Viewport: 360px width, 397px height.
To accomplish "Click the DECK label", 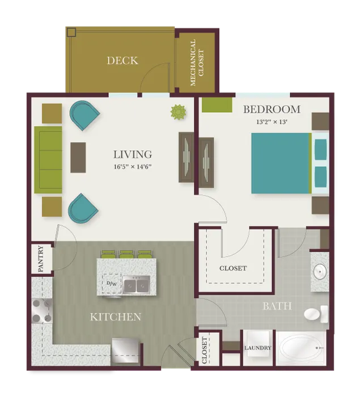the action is [x=122, y=61].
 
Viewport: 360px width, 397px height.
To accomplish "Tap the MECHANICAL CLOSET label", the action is [x=197, y=62].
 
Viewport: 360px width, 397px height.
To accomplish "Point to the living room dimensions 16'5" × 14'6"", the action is [x=133, y=167].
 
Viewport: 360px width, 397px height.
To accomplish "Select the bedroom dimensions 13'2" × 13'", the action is [x=272, y=122].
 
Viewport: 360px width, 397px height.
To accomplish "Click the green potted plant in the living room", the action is [x=178, y=112].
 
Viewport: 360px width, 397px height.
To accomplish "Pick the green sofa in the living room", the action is [x=48, y=160].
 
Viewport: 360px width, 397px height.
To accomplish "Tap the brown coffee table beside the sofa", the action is [x=78, y=158].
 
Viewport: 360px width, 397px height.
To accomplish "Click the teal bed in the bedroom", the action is [x=281, y=163].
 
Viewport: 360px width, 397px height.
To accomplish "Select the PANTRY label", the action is [x=41, y=259].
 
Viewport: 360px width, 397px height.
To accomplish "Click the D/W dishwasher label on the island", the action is [x=112, y=284].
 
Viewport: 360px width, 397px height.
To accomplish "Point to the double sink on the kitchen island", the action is [x=137, y=285].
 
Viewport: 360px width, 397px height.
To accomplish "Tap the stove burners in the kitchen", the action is [x=42, y=311].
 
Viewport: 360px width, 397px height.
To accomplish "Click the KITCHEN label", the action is [x=116, y=317].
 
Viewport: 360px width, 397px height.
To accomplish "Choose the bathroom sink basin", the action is [x=320, y=271].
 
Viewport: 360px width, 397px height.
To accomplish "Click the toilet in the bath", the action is [x=316, y=314].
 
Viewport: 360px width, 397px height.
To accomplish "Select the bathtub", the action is [x=301, y=348].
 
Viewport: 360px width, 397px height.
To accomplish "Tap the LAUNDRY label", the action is [x=258, y=348].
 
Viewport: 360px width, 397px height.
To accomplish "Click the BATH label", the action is [x=277, y=306].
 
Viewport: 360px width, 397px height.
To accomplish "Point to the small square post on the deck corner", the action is [x=71, y=32].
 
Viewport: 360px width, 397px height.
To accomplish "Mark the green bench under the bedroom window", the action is [x=217, y=104].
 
